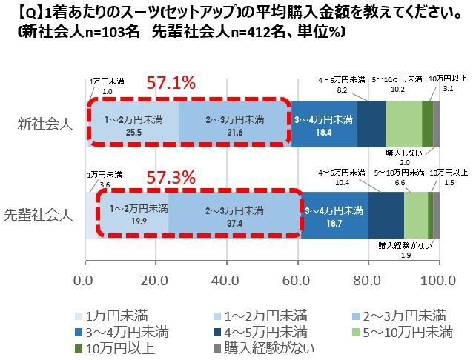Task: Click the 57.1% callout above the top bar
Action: click(170, 82)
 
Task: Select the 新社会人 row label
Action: click(44, 123)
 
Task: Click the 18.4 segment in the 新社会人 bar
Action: click(323, 123)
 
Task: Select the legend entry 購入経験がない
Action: click(256, 344)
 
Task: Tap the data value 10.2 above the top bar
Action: click(397, 89)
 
